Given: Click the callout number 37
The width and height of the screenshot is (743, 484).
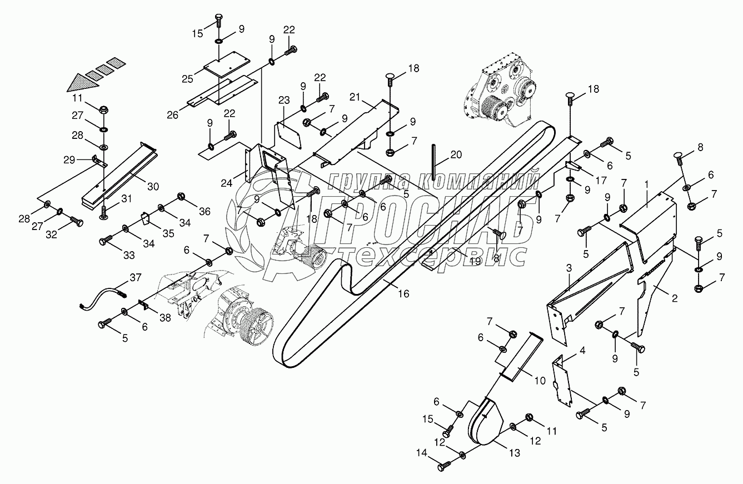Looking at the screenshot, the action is [136, 277].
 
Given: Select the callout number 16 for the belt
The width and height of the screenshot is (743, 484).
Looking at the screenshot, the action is [403, 293].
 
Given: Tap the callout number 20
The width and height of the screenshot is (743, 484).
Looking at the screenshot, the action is [456, 154].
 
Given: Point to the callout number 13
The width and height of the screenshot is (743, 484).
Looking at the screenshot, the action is [515, 452].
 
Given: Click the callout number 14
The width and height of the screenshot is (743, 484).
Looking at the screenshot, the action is [422, 452].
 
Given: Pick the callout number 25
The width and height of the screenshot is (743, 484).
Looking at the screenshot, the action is [187, 79].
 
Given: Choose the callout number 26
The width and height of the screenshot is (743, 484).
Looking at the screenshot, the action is [173, 115].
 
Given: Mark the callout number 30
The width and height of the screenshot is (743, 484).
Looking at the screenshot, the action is [153, 187].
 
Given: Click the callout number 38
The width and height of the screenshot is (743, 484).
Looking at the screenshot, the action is [165, 317].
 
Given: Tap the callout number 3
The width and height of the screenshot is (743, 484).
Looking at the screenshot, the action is [569, 268].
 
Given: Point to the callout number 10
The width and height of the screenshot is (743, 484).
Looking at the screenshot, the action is [540, 381].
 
